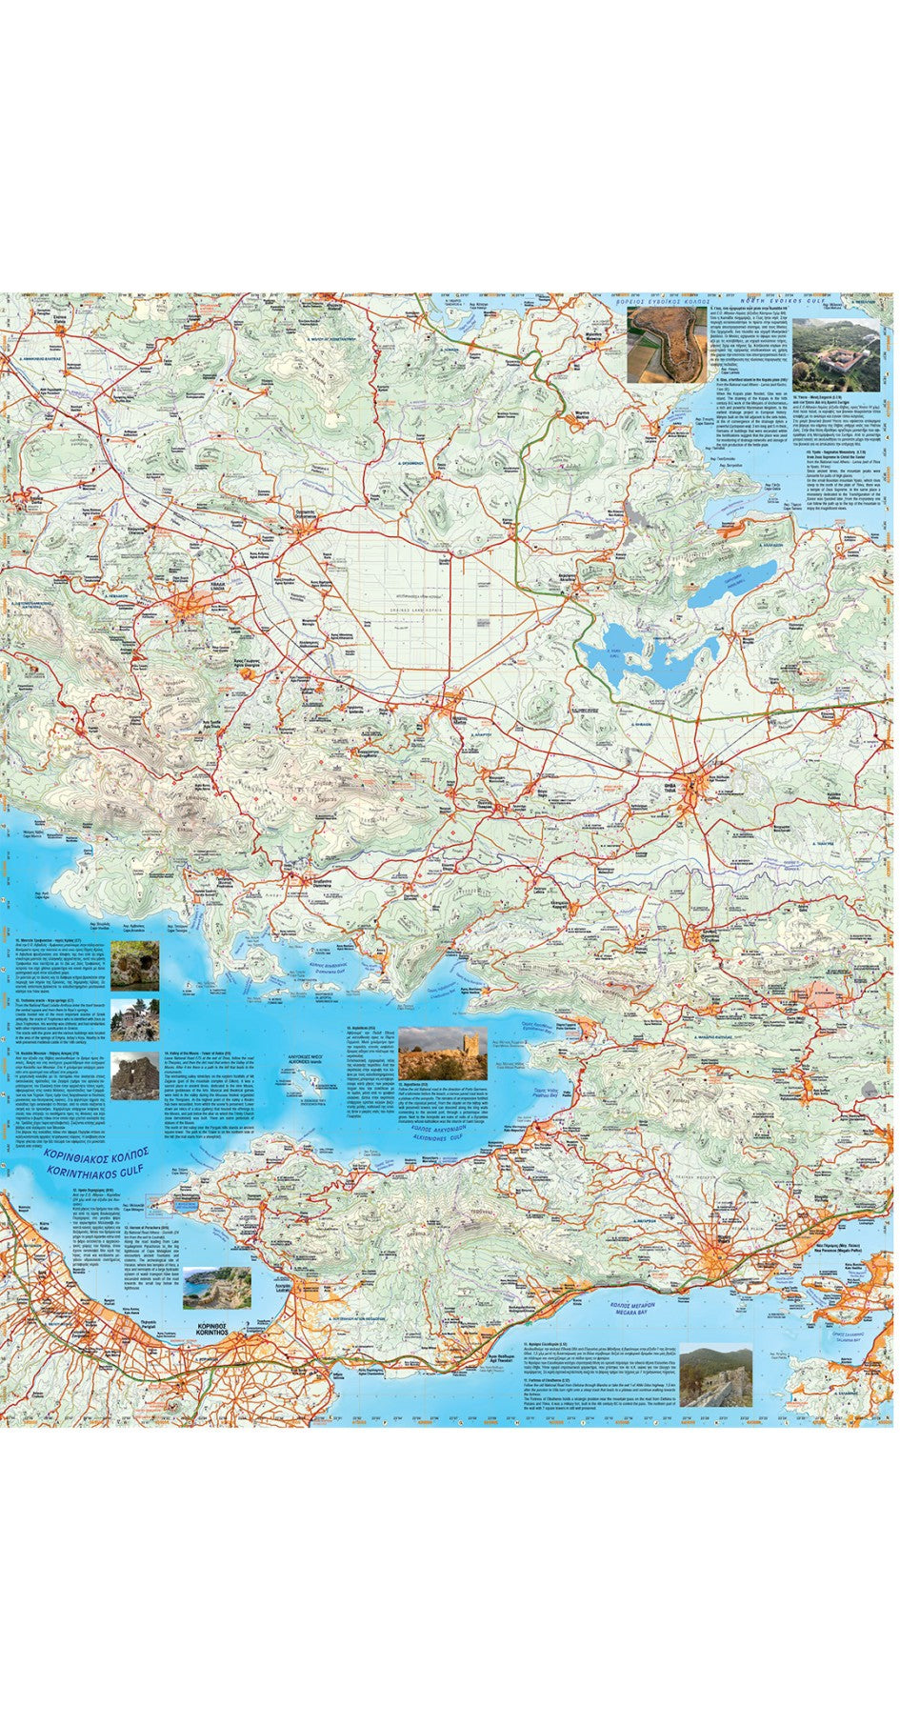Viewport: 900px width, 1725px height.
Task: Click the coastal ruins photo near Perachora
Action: tap(217, 1287)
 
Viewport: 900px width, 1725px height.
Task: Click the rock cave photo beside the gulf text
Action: tap(134, 965)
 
